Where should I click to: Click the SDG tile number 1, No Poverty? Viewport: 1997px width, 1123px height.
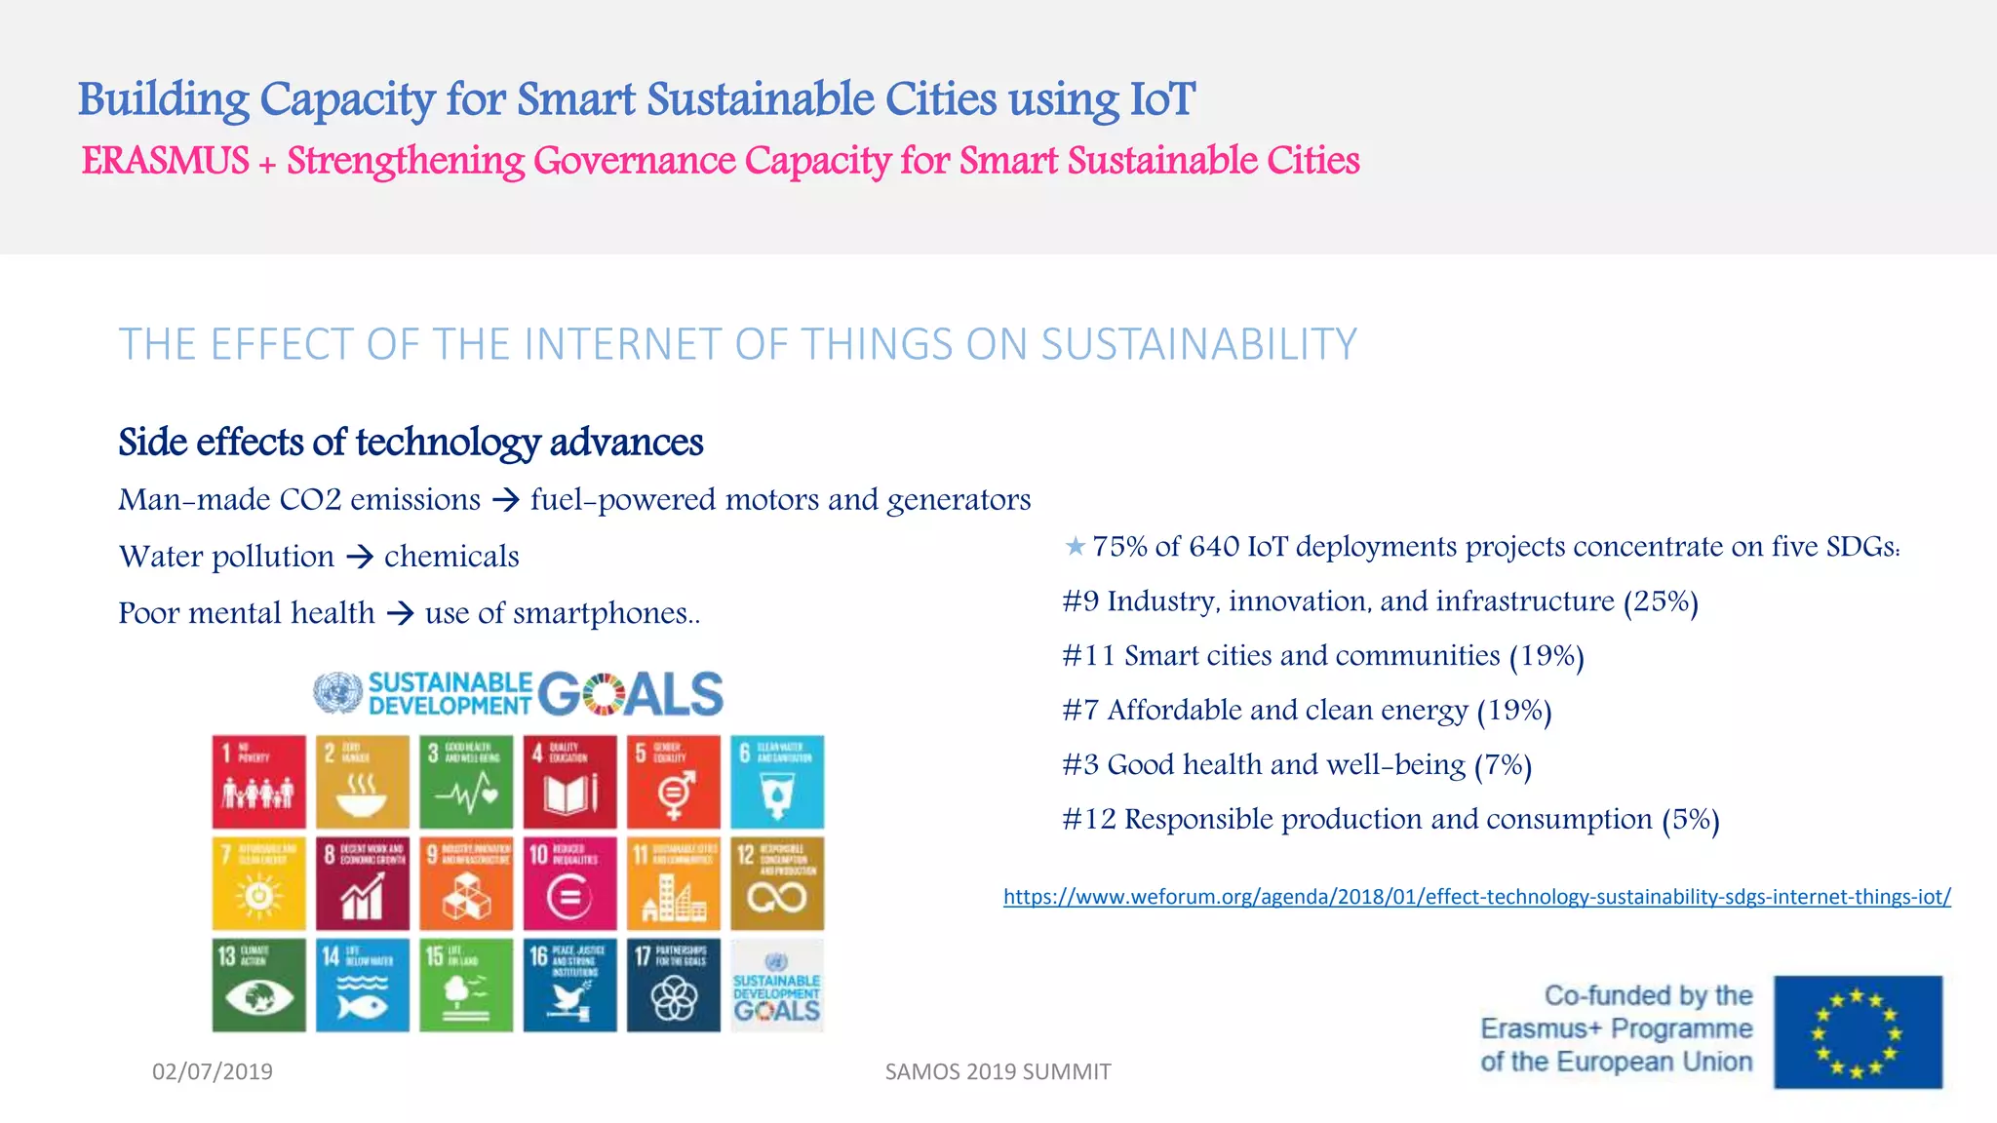258,782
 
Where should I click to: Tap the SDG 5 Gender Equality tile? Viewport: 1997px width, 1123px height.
673,782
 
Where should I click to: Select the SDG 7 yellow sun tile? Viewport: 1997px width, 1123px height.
258,883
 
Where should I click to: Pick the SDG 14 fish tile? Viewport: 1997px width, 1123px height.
362,985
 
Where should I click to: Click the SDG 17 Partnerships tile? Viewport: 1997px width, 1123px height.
673,985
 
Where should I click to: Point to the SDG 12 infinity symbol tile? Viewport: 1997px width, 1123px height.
777,883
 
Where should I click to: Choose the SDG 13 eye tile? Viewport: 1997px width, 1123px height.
258,985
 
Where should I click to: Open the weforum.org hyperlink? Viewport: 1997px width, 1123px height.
1476,897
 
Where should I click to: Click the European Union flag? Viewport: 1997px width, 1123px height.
1858,1031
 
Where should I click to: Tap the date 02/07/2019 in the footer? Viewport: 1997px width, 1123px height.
213,1071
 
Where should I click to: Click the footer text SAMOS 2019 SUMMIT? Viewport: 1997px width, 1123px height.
998,1071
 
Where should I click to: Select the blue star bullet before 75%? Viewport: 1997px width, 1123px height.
1075,546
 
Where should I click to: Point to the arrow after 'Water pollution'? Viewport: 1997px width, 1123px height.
360,557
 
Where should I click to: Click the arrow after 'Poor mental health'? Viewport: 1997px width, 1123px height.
400,613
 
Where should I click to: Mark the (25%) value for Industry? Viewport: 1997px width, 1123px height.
1661,601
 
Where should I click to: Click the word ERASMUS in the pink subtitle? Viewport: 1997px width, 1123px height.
166,161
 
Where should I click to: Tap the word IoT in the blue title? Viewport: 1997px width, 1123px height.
1161,99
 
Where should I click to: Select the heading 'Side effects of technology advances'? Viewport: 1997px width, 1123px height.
411,443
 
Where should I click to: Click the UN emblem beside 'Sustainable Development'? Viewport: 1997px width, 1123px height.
337,693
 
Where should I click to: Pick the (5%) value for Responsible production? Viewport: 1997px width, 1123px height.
1691,820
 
